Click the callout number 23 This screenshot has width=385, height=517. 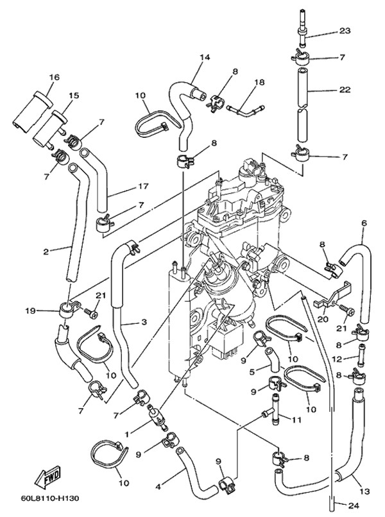(x=345, y=31)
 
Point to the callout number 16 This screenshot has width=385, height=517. (x=53, y=78)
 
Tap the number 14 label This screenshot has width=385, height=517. (x=205, y=57)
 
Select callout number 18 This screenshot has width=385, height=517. (x=259, y=83)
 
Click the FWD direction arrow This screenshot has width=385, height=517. (x=48, y=479)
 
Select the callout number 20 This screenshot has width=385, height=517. (x=321, y=319)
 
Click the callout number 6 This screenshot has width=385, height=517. (x=364, y=223)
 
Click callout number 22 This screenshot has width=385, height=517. (x=345, y=90)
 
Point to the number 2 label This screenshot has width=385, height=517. (x=46, y=251)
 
